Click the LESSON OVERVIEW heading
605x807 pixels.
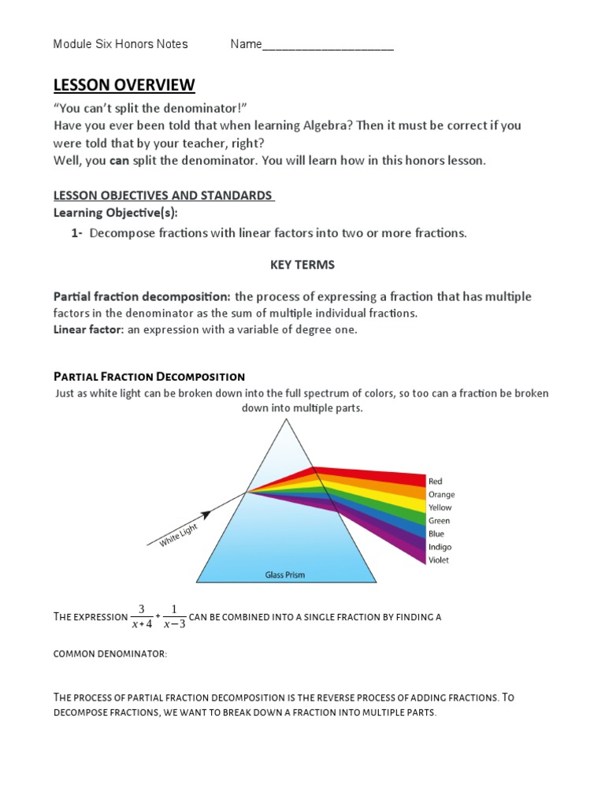(124, 85)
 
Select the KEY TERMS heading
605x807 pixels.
(302, 265)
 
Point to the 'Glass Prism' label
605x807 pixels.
(284, 575)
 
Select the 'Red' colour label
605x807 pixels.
(436, 481)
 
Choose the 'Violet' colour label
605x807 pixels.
(439, 560)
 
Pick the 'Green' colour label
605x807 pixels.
(439, 521)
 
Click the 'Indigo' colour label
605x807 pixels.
(440, 547)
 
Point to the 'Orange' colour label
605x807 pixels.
(441, 494)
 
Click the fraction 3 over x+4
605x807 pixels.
(141, 617)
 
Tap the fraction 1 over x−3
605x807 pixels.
(174, 617)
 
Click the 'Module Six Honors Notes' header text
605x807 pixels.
(121, 44)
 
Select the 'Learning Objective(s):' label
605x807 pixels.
(116, 213)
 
